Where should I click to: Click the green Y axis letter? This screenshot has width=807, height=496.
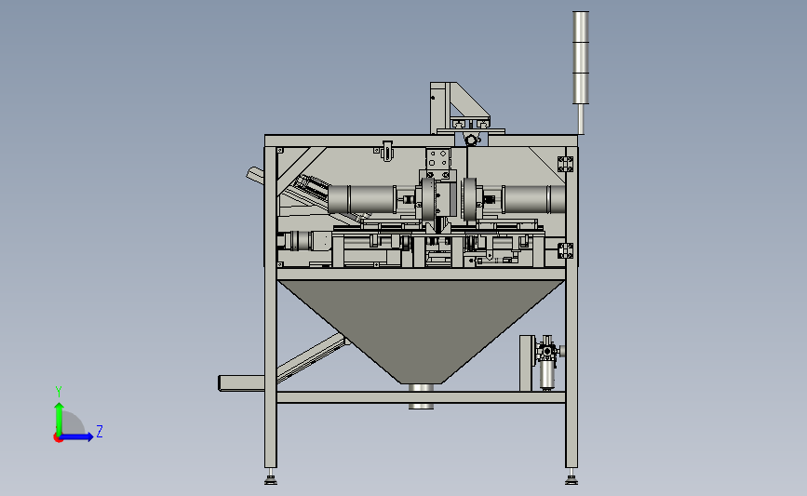(59, 392)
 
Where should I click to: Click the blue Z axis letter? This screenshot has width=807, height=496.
(100, 431)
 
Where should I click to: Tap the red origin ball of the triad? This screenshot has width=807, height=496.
(58, 438)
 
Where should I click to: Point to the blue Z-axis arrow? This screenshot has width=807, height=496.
(77, 437)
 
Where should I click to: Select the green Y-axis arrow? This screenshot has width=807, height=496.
(60, 420)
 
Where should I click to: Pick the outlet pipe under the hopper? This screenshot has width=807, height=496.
(421, 396)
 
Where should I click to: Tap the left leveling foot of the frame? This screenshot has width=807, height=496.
(271, 477)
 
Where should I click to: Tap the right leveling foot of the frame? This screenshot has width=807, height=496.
(572, 477)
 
